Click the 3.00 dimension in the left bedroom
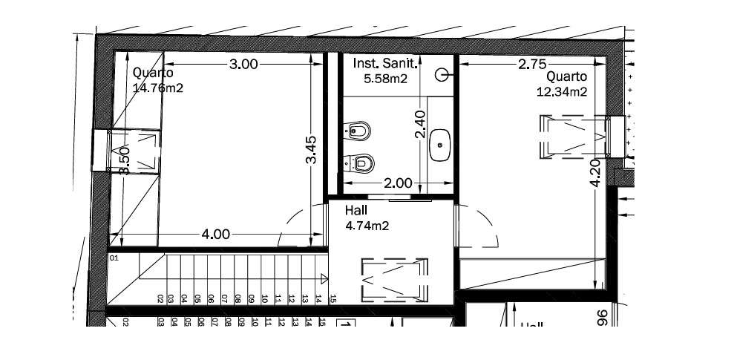pos(243,65)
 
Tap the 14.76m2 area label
pos(158,88)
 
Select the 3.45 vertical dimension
pos(312,149)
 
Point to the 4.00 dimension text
pos(215,235)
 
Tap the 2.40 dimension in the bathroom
pos(419,125)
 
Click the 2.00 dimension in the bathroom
pos(398,183)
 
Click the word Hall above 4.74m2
pos(356,211)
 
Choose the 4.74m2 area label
pos(368,225)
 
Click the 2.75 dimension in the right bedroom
pos(533,65)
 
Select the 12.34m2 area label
pos(562,92)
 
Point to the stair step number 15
pos(333,299)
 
